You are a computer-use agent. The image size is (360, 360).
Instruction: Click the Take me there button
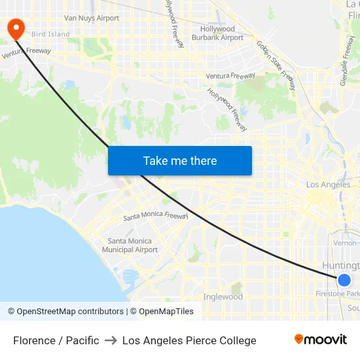[x=180, y=160]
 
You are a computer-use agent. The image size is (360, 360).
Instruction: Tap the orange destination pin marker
[x=14, y=27]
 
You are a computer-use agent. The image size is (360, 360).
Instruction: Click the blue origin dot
[x=344, y=280]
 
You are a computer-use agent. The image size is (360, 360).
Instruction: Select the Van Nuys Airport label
[x=92, y=18]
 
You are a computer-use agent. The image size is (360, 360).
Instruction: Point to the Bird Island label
[x=50, y=34]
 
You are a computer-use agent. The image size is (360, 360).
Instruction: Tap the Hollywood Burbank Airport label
[x=217, y=33]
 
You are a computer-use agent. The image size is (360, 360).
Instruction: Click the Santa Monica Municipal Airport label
[x=130, y=245]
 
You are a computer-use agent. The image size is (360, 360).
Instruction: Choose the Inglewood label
[x=223, y=297]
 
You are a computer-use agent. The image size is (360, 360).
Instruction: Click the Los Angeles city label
[x=328, y=185]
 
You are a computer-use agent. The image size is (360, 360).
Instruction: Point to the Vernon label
[x=345, y=243]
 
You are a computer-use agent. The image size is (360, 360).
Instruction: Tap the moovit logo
[x=321, y=340]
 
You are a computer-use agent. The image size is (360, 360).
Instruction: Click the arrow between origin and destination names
[x=111, y=340]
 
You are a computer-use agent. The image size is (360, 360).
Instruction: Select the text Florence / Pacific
[x=56, y=340]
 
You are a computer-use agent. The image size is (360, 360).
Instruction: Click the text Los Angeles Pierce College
[x=189, y=340]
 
